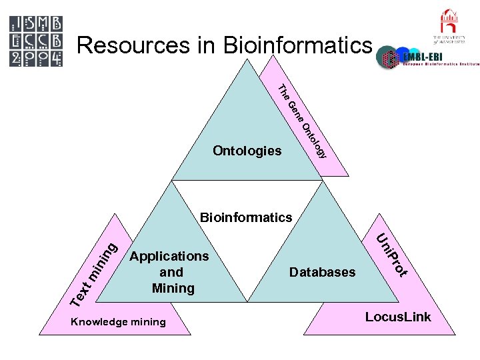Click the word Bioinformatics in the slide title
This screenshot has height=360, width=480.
[x=297, y=45]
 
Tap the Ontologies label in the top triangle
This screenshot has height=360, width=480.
[x=247, y=151]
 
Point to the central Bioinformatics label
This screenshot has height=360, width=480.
[x=246, y=217]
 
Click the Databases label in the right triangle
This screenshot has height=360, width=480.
[x=322, y=272]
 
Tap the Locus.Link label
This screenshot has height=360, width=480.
[x=398, y=317]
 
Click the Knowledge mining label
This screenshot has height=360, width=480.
[x=118, y=322]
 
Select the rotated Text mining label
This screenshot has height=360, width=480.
[x=94, y=273]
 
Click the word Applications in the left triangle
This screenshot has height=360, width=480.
[x=170, y=256]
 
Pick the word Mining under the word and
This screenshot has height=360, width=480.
[x=173, y=288]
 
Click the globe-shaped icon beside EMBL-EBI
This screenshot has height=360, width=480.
[x=389, y=58]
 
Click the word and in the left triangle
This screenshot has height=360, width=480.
[x=171, y=272]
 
